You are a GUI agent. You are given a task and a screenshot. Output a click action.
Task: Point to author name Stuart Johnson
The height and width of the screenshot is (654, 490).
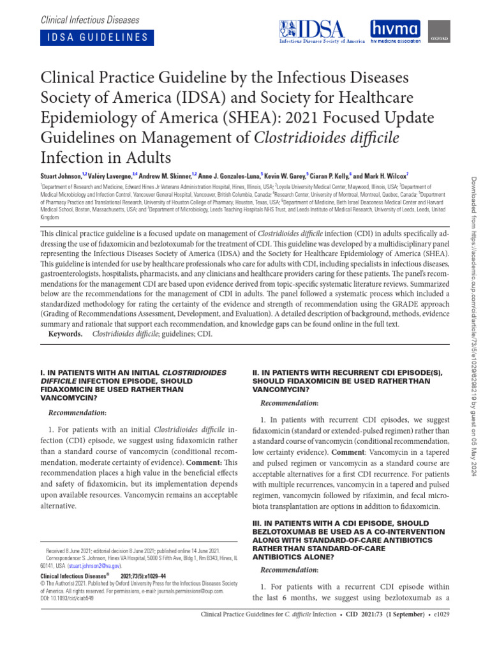pos(61,175)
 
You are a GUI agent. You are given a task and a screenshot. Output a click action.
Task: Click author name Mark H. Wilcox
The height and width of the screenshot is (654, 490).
pos(383,175)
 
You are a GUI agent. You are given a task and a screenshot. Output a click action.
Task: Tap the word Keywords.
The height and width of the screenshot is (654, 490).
pos(66,334)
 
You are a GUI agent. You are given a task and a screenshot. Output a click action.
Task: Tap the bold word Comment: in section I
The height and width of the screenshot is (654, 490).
pos(207,462)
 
